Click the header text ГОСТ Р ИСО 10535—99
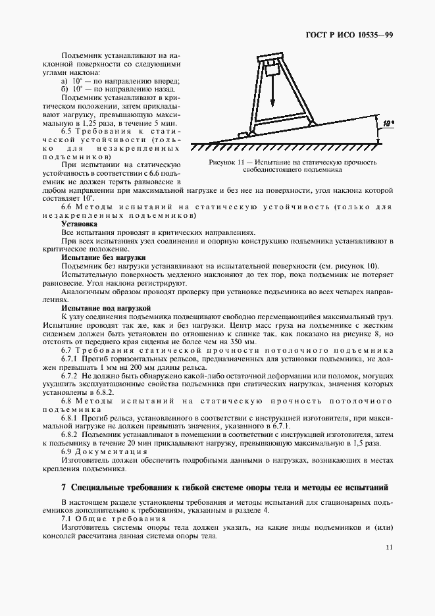(x=351, y=35)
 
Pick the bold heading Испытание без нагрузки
(x=103, y=257)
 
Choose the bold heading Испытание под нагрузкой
(x=106, y=307)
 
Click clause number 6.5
(x=68, y=132)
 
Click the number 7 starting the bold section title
(x=63, y=488)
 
